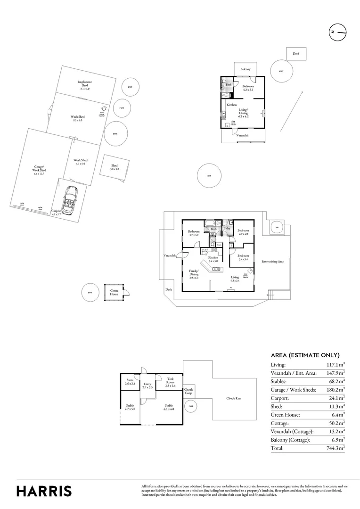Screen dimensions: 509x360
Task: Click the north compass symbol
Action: [x=337, y=32]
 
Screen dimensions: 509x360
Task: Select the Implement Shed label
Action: [x=85, y=84]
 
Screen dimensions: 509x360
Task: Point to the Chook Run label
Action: [x=234, y=398]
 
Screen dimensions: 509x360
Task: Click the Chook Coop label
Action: [x=188, y=391]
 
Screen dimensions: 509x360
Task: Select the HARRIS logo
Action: [x=44, y=491]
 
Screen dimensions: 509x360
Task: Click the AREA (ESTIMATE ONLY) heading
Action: [x=305, y=355]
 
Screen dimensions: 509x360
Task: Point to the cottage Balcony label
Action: [x=245, y=69]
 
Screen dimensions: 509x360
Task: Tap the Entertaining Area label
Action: [x=272, y=261]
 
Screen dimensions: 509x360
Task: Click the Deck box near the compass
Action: [x=296, y=54]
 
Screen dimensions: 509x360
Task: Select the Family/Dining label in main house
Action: [x=193, y=273]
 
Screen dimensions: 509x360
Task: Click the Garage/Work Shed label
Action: [x=39, y=169]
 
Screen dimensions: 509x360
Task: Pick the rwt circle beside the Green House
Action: [x=90, y=292]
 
